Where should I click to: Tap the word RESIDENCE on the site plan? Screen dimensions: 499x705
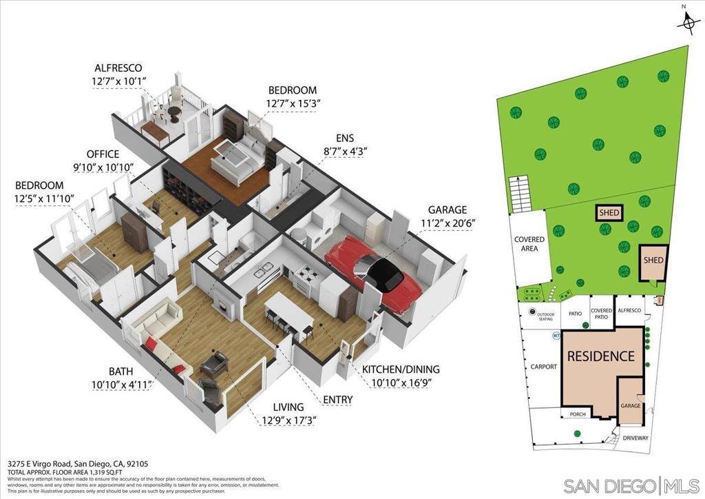tap(600, 356)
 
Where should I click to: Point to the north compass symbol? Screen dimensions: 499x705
tap(686, 24)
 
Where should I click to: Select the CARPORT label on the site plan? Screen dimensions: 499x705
tap(543, 367)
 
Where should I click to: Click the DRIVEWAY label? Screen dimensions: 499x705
tap(635, 438)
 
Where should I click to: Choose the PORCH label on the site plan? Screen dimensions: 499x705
tap(577, 414)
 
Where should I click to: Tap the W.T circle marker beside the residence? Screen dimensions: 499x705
tap(556, 336)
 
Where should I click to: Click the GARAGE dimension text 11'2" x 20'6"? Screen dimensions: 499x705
tap(447, 223)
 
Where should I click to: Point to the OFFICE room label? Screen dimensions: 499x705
tap(103, 154)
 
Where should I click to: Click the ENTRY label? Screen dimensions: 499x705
tap(337, 400)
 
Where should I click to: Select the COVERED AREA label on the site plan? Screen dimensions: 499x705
tap(529, 244)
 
